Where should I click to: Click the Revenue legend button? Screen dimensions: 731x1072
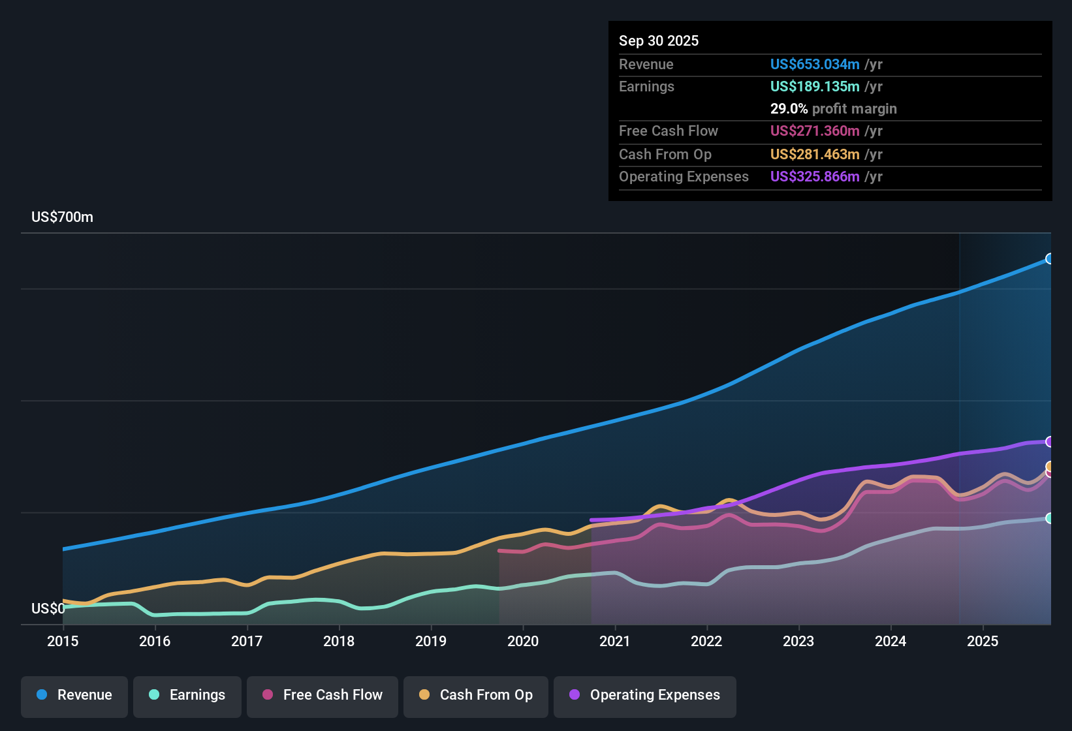74,695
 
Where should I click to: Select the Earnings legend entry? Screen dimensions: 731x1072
187,695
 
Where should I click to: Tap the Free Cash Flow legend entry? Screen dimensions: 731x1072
323,695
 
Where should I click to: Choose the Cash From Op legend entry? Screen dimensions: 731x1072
476,695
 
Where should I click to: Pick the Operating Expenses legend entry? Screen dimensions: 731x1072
645,695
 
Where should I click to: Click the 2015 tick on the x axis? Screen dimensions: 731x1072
63,641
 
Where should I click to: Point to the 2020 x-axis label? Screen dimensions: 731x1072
523,641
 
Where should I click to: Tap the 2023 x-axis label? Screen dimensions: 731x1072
798,641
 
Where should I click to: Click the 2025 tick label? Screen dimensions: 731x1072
983,641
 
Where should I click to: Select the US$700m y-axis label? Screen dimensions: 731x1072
63,217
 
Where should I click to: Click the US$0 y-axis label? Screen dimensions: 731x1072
48,608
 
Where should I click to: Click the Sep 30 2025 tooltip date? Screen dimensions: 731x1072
659,41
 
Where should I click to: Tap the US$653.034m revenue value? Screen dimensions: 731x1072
815,64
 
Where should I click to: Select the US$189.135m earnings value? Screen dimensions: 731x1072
815,86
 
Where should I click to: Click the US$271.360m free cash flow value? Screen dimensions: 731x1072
815,131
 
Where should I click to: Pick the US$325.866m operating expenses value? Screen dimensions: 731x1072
815,176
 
